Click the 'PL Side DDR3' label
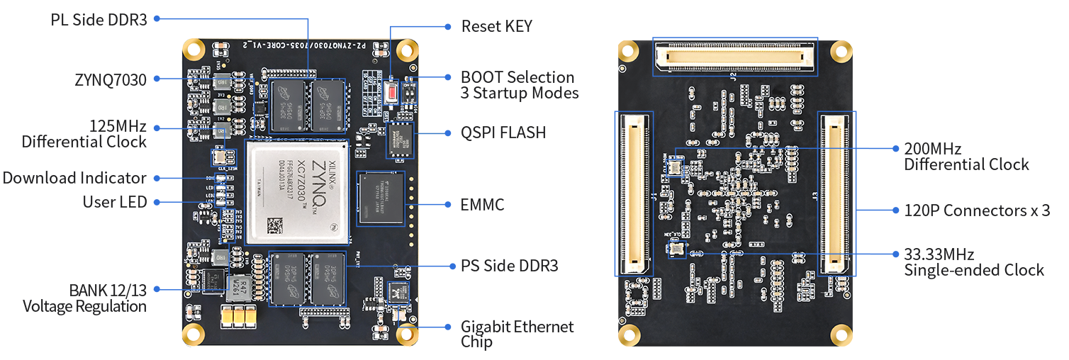(99, 19)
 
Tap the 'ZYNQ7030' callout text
(111, 79)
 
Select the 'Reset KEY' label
(496, 26)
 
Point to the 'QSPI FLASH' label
(503, 133)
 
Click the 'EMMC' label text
(482, 205)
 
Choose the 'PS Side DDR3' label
(509, 266)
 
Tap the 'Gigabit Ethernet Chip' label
(517, 334)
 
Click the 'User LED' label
(115, 202)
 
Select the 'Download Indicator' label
(74, 178)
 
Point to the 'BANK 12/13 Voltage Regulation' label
(85, 298)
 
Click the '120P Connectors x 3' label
(977, 210)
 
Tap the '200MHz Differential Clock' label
(966, 157)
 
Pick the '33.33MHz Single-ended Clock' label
(973, 261)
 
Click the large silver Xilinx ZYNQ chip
(297, 192)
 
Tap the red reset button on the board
(391, 91)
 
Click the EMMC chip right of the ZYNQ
(382, 201)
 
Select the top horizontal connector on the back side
(734, 57)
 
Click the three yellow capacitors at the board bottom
(239, 317)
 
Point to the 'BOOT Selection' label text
(517, 77)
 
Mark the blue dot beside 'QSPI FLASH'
(447, 133)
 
